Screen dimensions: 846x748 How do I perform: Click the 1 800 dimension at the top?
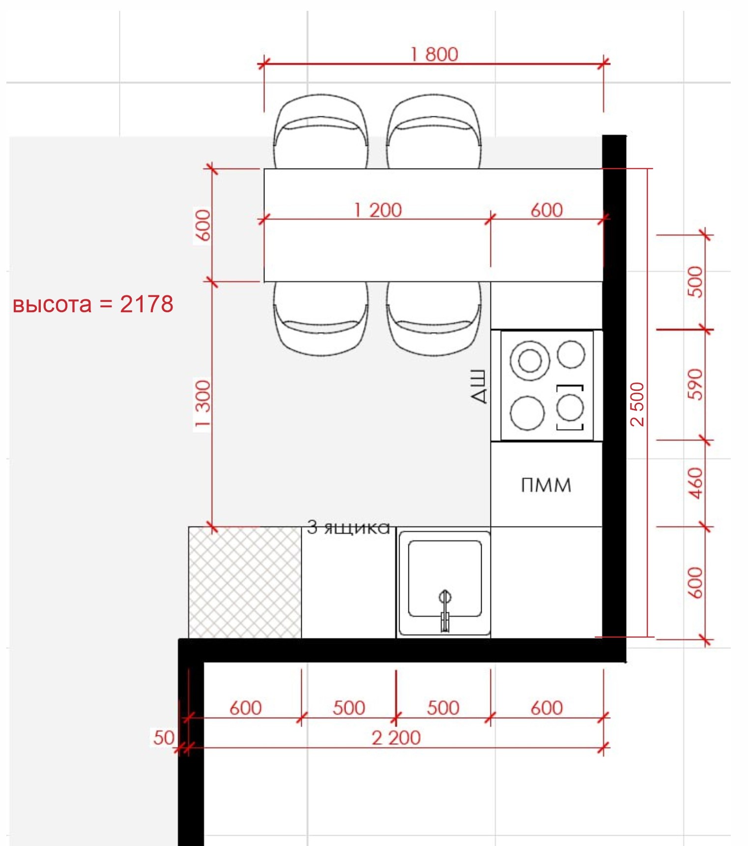[434, 54]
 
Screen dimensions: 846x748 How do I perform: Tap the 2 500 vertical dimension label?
[637, 404]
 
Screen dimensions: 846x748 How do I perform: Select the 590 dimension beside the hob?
[696, 384]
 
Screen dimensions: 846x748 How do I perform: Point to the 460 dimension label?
[696, 483]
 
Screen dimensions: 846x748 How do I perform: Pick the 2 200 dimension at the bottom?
[396, 738]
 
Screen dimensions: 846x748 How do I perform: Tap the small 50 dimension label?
[164, 737]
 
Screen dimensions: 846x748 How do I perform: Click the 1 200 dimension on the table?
[378, 210]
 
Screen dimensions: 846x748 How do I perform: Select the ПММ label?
[546, 485]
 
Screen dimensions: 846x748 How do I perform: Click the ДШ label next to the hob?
[479, 387]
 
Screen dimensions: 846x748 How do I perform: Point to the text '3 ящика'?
[348, 527]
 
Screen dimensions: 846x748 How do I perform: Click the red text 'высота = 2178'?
[93, 304]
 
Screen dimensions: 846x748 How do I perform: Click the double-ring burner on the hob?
[530, 361]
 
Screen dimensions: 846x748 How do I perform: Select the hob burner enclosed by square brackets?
[570, 408]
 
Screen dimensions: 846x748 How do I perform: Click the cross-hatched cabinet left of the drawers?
[245, 583]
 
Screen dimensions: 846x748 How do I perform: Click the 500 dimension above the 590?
[696, 282]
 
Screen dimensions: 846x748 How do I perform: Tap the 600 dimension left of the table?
[202, 225]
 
